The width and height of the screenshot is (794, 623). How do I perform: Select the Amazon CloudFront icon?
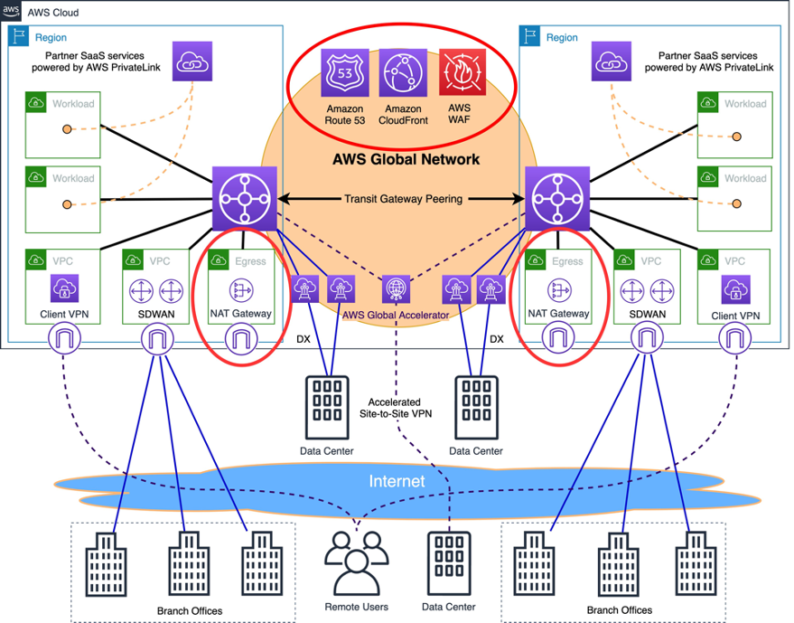tap(403, 71)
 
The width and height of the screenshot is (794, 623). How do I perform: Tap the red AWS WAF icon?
tap(460, 71)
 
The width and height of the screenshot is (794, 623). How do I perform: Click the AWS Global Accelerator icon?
tap(395, 289)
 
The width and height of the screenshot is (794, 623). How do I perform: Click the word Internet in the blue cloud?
tap(397, 481)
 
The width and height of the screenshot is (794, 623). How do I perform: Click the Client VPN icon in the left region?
tap(62, 290)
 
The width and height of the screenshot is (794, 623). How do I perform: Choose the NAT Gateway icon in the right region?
tap(558, 290)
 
